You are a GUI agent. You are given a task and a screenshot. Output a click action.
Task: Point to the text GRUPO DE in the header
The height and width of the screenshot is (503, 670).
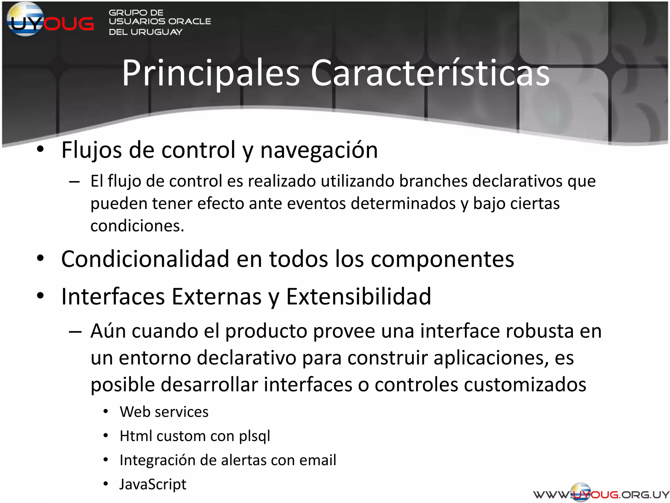pos(136,13)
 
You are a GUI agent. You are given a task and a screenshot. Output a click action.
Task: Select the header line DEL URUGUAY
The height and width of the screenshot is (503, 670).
pos(146,32)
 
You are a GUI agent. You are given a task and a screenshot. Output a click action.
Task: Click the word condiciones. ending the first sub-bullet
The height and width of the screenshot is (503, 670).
pos(137,226)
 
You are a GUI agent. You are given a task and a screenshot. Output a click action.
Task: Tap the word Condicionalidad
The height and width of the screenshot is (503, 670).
pos(145,259)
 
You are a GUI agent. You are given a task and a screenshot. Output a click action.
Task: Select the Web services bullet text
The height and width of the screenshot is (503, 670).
pos(164,412)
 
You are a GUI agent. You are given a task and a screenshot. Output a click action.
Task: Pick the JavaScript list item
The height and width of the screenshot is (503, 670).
pos(153,484)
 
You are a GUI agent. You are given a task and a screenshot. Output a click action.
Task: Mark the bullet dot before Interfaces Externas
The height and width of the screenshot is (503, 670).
pos(40,296)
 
